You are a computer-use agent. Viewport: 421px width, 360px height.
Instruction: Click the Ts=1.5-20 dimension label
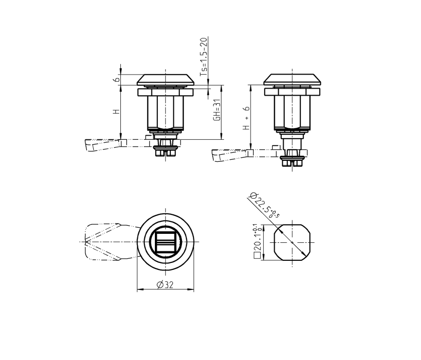click(x=204, y=56)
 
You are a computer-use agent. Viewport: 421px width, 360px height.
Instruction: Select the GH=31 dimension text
click(x=217, y=110)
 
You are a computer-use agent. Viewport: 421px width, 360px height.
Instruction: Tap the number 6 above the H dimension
click(x=116, y=80)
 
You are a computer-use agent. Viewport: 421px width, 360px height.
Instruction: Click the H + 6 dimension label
click(x=246, y=119)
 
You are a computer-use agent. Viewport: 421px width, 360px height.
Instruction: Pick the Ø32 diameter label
click(x=165, y=285)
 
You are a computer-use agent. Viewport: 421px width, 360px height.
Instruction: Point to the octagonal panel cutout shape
click(x=292, y=242)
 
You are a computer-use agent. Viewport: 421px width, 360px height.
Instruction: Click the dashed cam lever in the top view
click(x=108, y=242)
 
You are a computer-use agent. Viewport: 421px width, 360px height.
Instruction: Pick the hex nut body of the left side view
click(x=165, y=112)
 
